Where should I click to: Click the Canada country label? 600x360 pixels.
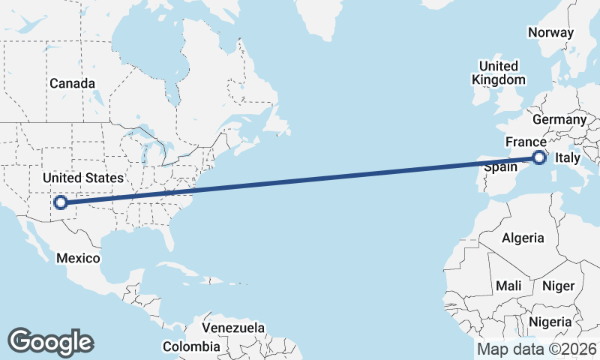tap(72, 83)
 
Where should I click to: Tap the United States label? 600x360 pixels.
tap(82, 178)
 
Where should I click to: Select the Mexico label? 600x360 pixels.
tap(79, 258)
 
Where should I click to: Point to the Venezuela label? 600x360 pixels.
tap(234, 328)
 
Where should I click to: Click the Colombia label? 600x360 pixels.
tap(192, 346)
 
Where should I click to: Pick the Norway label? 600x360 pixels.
tap(550, 32)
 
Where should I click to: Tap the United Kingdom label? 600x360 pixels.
tap(498, 73)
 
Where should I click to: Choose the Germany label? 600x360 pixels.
tap(559, 119)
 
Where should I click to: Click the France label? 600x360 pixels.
tap(525, 142)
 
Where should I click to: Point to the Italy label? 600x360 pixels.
tap(566, 157)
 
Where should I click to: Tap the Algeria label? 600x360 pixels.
tap(523, 238)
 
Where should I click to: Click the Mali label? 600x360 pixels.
tap(508, 286)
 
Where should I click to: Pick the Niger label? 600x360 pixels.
tap(557, 286)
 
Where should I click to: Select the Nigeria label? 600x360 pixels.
tap(550, 322)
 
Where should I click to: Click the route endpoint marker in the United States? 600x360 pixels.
tap(61, 202)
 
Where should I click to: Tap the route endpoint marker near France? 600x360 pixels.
tap(538, 157)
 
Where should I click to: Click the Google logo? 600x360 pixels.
tap(51, 342)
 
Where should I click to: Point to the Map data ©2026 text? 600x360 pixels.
tap(536, 349)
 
